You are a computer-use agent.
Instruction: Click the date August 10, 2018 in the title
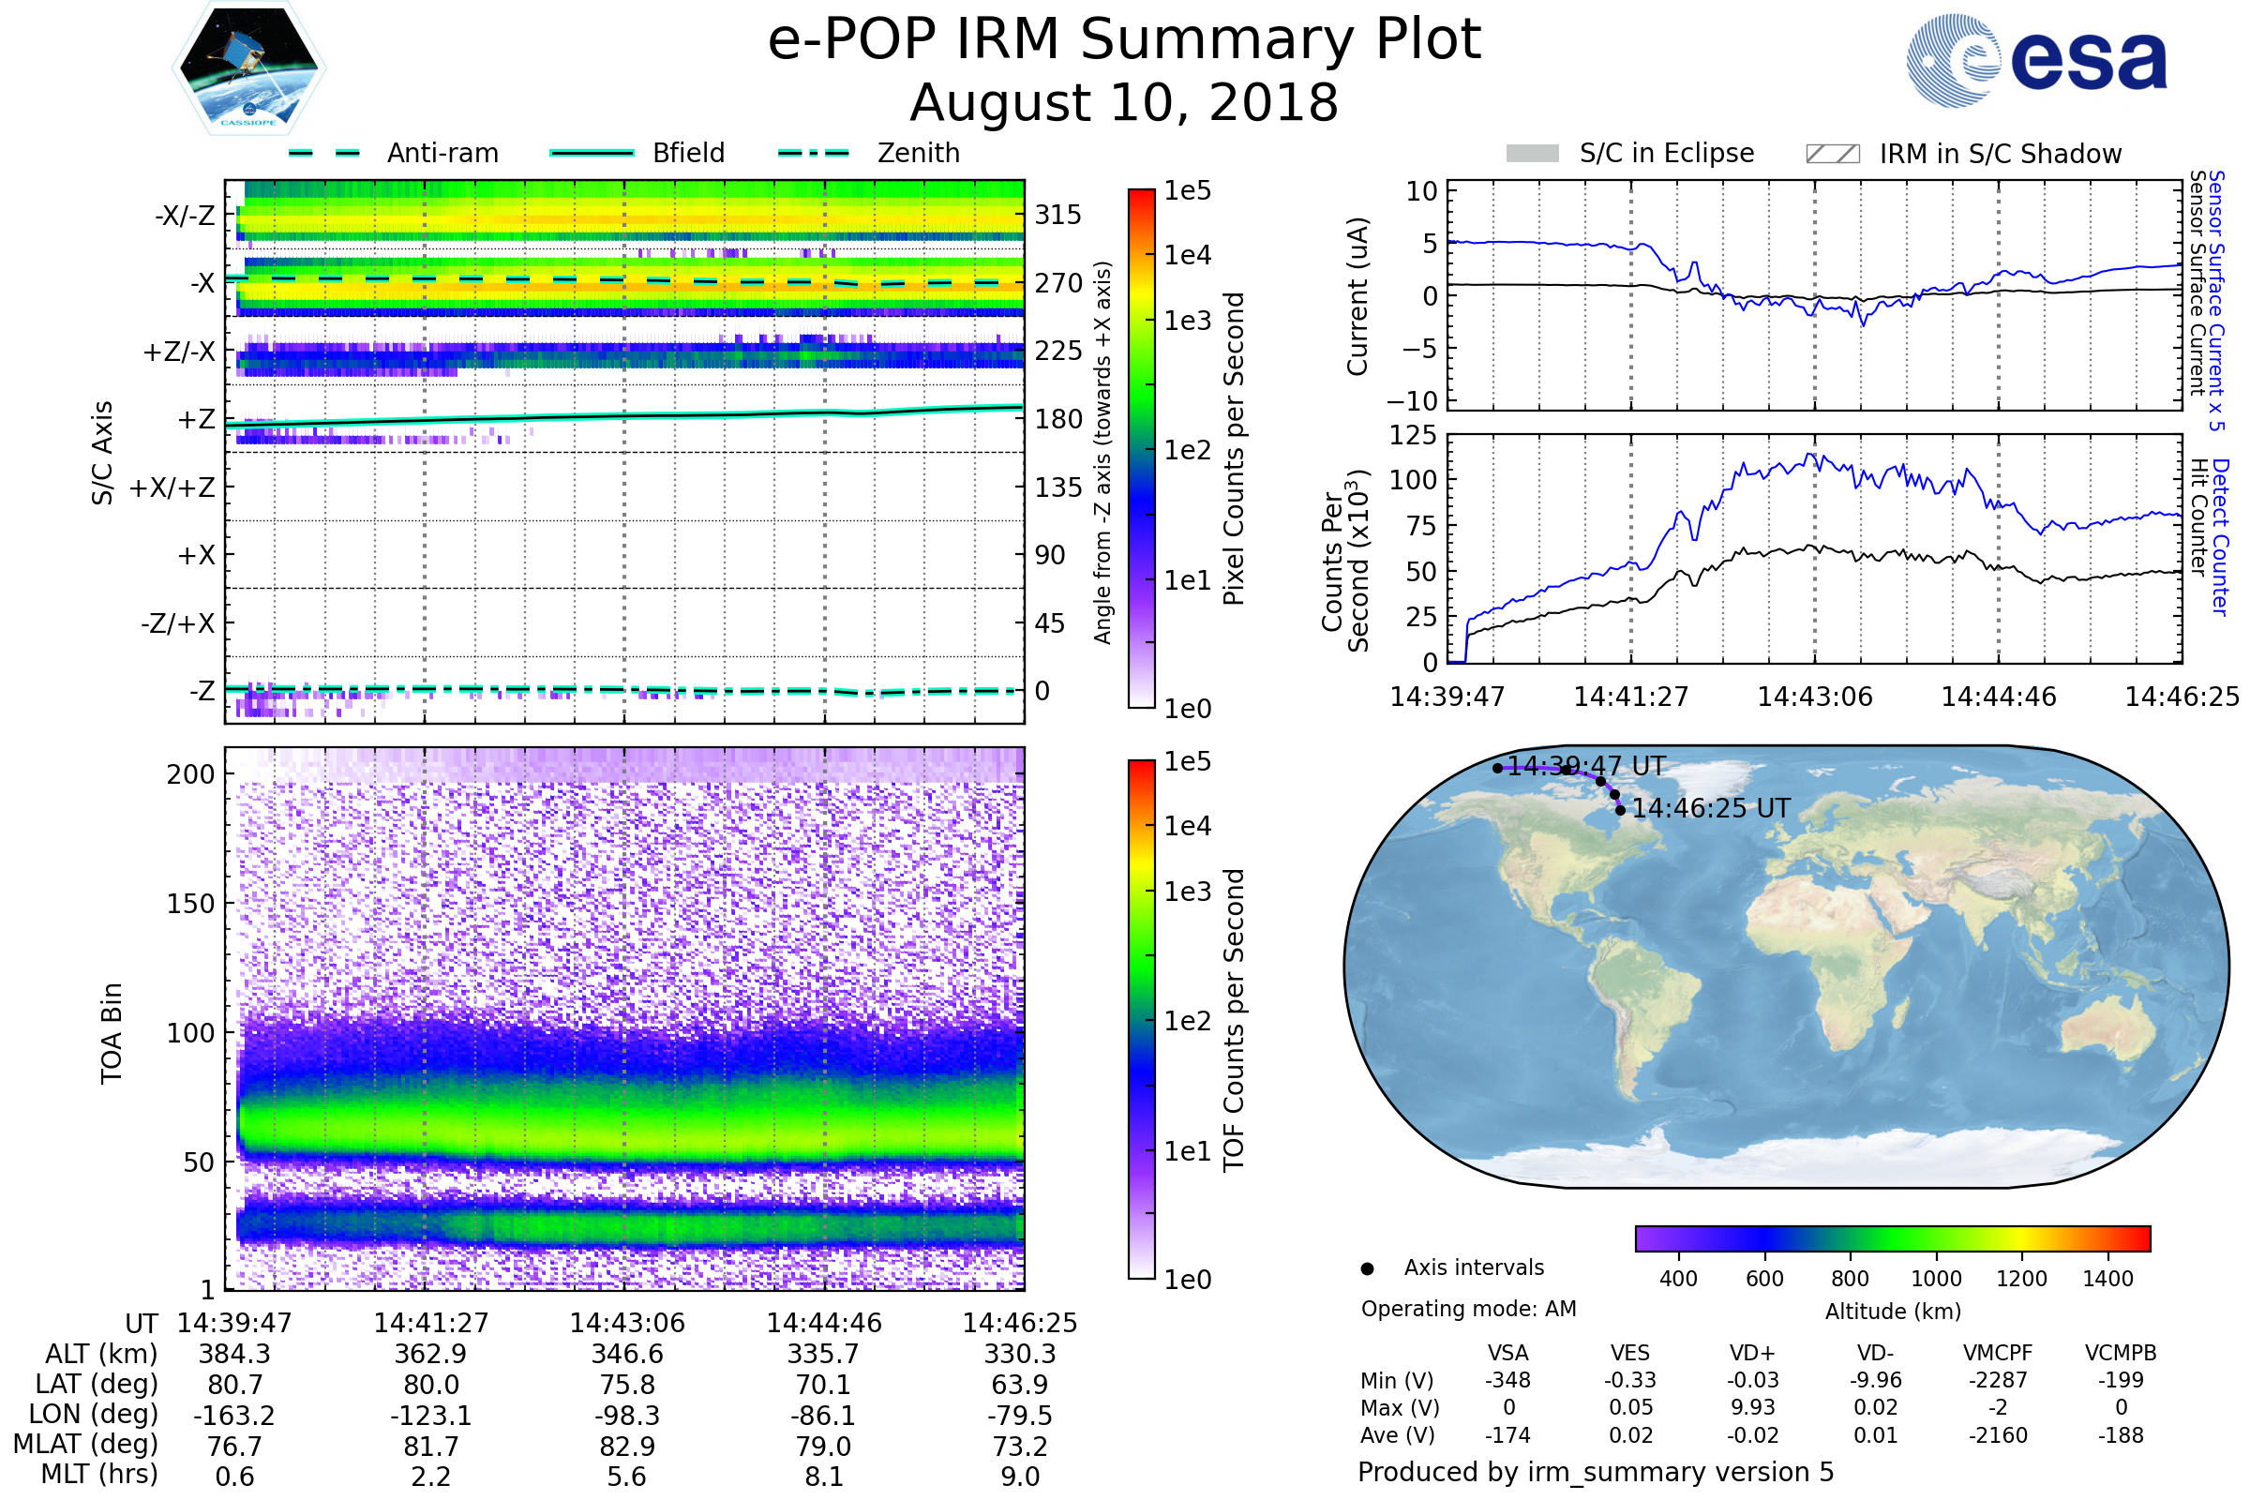1124,103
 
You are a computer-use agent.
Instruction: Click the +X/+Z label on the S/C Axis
172,487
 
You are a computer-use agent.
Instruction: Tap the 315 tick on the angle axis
1058,215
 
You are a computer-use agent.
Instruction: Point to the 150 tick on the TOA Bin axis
190,904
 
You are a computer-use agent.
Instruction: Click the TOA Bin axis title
111,1032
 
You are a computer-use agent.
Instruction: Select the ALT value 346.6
626,1355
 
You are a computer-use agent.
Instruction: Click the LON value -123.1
430,1416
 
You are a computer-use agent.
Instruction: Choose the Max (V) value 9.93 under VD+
1752,1408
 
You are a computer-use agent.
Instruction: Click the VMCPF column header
1998,1354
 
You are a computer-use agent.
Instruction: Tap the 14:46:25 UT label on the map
1710,809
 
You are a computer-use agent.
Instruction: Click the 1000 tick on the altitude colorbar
1936,1279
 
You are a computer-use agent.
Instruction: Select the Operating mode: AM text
1468,1309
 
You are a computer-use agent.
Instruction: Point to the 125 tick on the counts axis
1412,435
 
